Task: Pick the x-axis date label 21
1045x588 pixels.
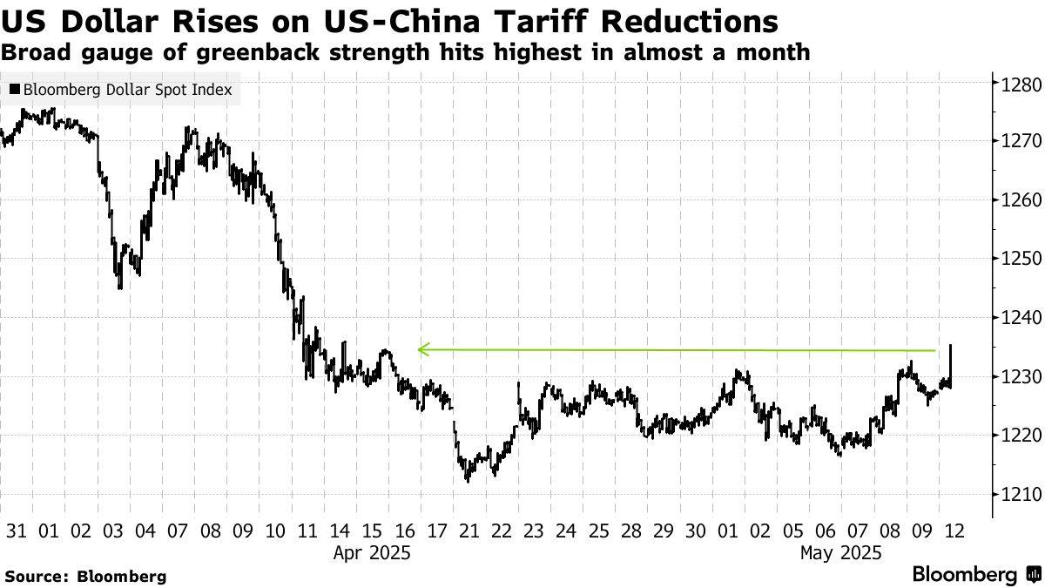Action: click(x=468, y=530)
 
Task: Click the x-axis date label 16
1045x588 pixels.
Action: click(x=403, y=530)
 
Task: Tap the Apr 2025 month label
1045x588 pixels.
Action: click(x=371, y=552)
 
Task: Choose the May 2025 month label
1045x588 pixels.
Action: click(x=841, y=552)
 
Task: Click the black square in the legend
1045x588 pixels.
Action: click(x=15, y=89)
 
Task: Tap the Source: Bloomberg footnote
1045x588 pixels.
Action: click(x=85, y=576)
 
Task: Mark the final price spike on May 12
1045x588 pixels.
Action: click(x=950, y=348)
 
